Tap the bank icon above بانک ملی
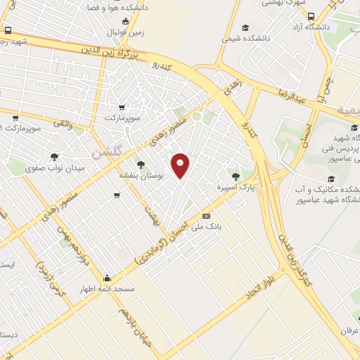click(x=206, y=216)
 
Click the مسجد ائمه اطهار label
click(x=106, y=289)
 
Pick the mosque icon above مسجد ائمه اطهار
click(x=106, y=277)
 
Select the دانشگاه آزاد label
click(x=313, y=26)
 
